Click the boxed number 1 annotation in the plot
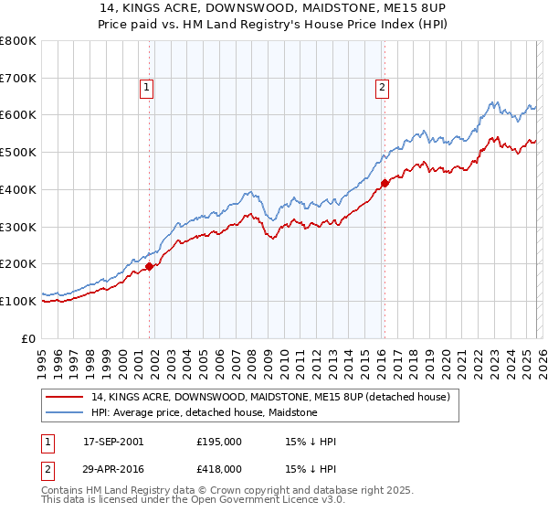pos(146,88)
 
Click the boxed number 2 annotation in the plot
pos(381,88)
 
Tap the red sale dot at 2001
pos(150,266)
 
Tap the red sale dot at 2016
pos(385,183)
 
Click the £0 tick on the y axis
pos(29,338)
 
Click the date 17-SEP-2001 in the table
pos(113,442)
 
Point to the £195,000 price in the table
pos(219,442)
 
